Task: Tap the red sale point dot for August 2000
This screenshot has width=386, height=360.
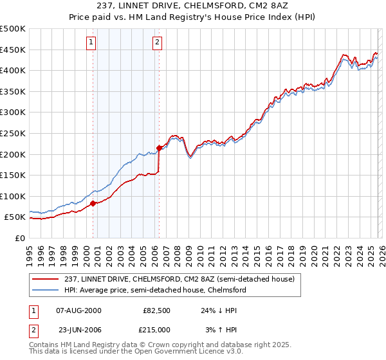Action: [x=93, y=203]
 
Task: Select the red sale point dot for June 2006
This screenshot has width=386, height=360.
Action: [x=159, y=148]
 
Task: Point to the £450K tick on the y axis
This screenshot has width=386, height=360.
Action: [x=13, y=50]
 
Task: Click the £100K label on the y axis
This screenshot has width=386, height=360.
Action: [x=13, y=196]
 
